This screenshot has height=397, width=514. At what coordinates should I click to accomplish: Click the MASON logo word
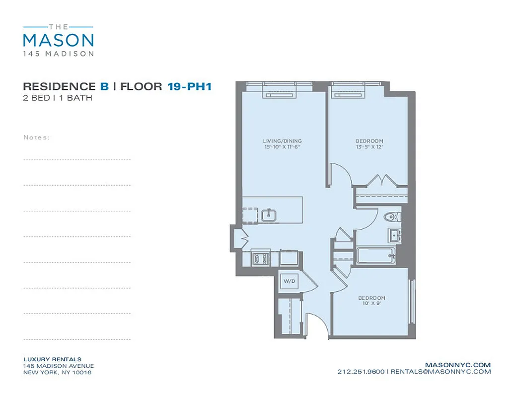click(x=58, y=40)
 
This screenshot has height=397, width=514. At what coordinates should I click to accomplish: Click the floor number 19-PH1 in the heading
click(x=190, y=87)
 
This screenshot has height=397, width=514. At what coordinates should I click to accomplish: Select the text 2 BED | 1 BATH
click(x=57, y=98)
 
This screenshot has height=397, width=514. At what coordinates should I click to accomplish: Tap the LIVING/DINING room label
click(x=282, y=141)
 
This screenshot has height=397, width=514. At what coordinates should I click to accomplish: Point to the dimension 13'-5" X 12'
click(x=369, y=147)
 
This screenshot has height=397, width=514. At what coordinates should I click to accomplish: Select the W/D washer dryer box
click(x=290, y=281)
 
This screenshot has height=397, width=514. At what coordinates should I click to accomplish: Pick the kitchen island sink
click(x=269, y=215)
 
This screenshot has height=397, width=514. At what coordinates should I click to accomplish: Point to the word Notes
click(x=36, y=137)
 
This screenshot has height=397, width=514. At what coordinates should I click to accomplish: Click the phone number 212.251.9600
click(x=361, y=371)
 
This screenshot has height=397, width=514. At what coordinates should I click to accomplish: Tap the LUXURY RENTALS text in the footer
click(x=52, y=359)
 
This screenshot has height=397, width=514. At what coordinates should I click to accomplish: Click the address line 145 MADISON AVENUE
click(x=58, y=366)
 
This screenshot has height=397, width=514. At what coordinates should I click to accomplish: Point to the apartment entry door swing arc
click(x=317, y=325)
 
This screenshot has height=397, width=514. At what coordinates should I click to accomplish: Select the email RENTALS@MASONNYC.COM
click(x=441, y=371)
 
